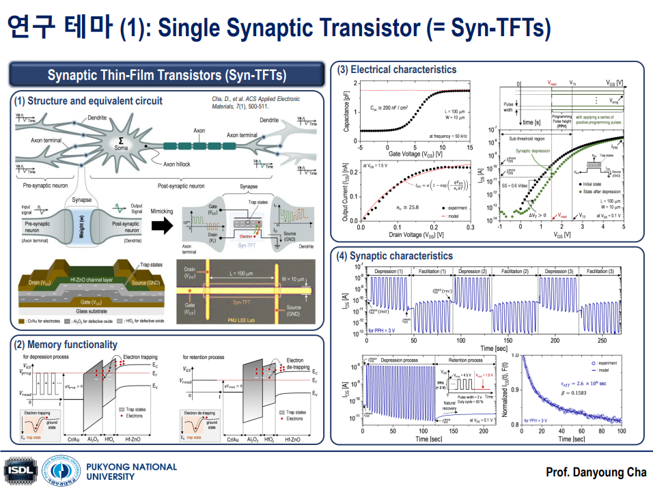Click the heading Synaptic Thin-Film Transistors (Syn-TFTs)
point(166,74)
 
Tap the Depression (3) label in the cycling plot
point(559,272)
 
